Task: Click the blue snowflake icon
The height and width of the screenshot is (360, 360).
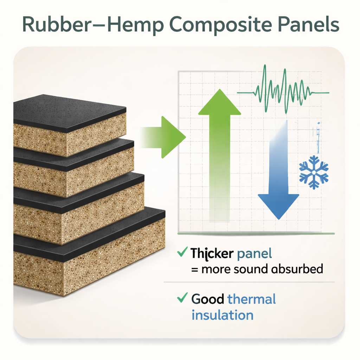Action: (314, 172)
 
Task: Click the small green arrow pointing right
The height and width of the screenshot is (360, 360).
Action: (163, 137)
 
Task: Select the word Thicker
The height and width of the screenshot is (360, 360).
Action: (212, 254)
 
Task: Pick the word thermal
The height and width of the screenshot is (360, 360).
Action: (252, 299)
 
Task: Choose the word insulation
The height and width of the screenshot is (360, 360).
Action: (223, 315)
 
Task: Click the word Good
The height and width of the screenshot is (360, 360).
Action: (207, 299)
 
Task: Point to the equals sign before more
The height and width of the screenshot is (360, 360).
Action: (195, 270)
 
